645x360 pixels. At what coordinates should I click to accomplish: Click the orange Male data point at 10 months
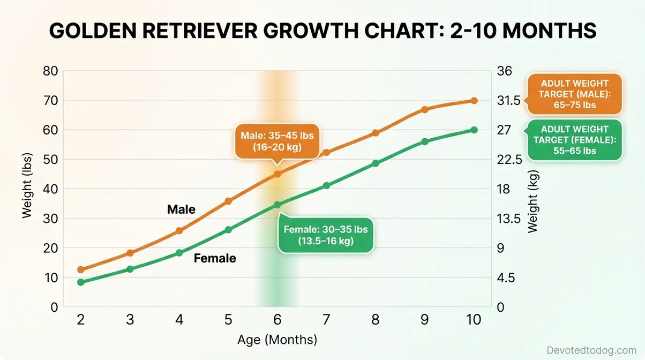click(474, 101)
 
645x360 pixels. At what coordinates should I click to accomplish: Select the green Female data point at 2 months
click(81, 282)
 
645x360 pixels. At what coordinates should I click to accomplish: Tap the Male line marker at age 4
click(179, 231)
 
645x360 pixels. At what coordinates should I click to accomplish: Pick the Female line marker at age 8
click(376, 163)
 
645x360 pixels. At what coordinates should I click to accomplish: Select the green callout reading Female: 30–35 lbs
click(326, 235)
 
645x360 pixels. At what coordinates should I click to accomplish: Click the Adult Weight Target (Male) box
click(575, 94)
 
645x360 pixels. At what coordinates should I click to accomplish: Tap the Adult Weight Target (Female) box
click(575, 140)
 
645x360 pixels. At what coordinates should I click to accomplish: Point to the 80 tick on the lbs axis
click(50, 71)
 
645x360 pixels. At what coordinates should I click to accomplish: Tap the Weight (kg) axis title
click(532, 201)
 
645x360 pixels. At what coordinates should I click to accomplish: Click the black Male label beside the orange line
click(181, 209)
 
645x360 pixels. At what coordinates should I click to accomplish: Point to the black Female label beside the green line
click(214, 259)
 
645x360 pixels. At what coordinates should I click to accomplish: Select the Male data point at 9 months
click(425, 109)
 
